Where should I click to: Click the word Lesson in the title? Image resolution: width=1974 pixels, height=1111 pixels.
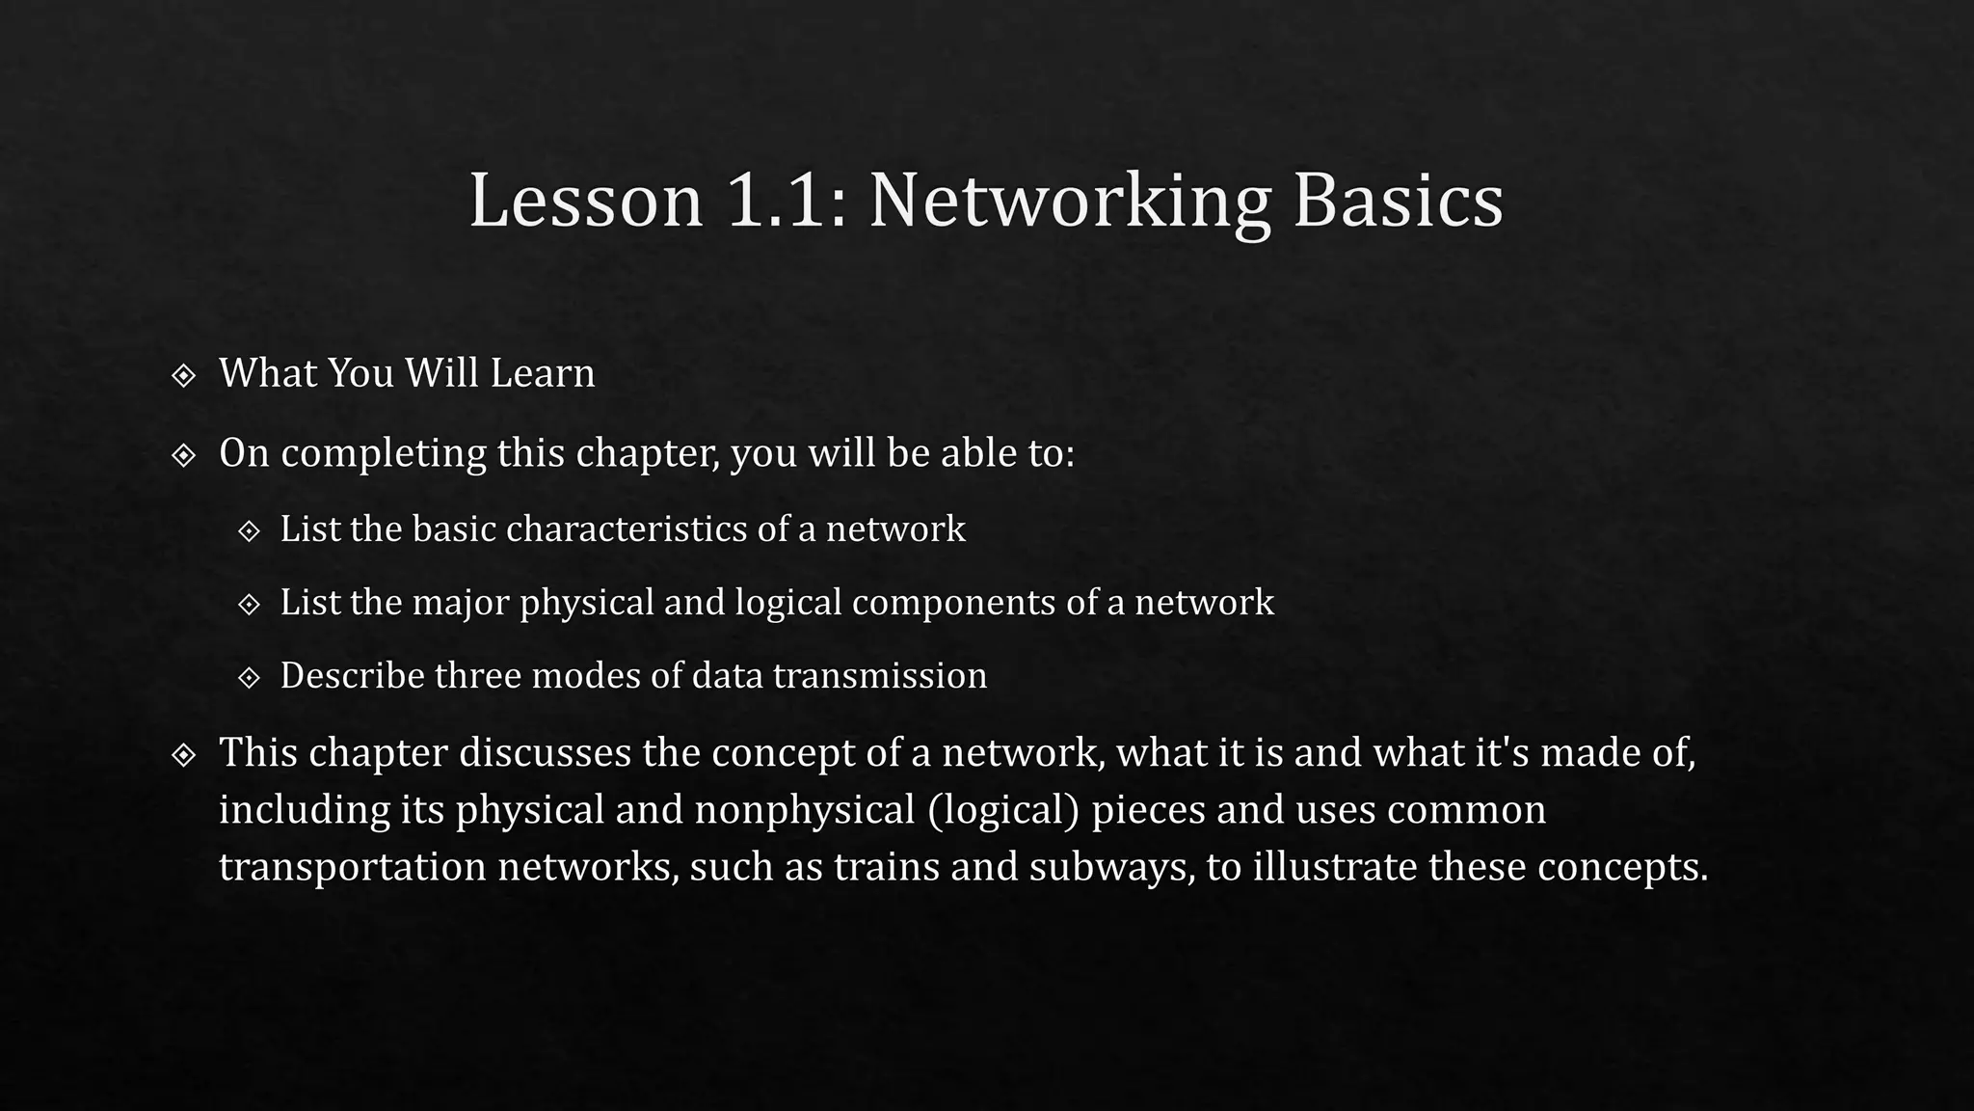pos(586,201)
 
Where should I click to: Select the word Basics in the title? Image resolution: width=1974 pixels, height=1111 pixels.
pos(1398,201)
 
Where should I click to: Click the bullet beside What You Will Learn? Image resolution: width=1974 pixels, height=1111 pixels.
pos(183,375)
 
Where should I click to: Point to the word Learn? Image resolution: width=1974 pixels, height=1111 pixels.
pos(543,373)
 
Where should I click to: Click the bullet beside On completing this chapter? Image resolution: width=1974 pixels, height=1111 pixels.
pos(183,454)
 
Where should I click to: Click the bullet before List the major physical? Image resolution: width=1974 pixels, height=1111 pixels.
pos(249,605)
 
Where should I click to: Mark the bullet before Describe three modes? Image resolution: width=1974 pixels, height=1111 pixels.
pos(249,678)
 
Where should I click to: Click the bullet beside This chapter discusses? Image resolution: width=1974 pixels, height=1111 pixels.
pos(183,754)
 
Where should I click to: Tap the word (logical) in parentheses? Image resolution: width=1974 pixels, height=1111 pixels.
pos(1003,809)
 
